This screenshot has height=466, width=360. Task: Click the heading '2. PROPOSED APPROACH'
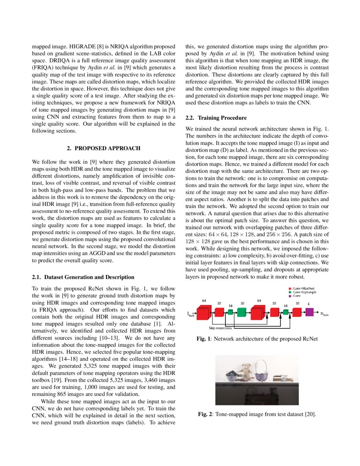coord(104,148)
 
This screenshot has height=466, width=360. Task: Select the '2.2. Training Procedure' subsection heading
coord(215,117)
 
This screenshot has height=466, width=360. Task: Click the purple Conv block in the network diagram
coord(309,312)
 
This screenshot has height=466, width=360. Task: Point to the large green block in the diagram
coord(241,312)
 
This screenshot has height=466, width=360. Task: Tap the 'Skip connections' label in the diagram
coord(220,327)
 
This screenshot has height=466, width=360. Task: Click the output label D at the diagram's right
coord(324,314)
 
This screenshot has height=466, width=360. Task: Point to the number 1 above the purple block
coord(308,303)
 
